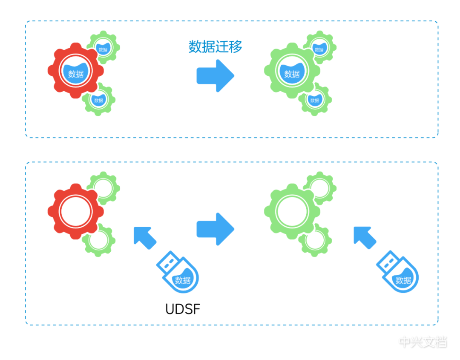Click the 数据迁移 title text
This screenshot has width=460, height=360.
click(215, 47)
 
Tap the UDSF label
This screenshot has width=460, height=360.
click(182, 308)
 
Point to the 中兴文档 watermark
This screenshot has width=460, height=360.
click(423, 342)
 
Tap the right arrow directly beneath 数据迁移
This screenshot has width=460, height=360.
click(215, 76)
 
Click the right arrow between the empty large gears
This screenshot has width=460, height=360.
click(215, 229)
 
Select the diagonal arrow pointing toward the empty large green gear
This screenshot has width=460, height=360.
click(365, 237)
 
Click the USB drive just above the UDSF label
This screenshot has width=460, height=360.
click(179, 273)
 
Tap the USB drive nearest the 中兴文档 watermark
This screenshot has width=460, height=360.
click(398, 273)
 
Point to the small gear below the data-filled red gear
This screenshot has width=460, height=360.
click(99, 99)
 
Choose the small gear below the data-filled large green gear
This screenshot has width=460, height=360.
click(315, 99)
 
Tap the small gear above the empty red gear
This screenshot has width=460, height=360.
click(103, 187)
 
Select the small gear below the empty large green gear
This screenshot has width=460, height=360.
click(315, 239)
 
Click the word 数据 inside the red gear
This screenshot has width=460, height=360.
click(76, 74)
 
